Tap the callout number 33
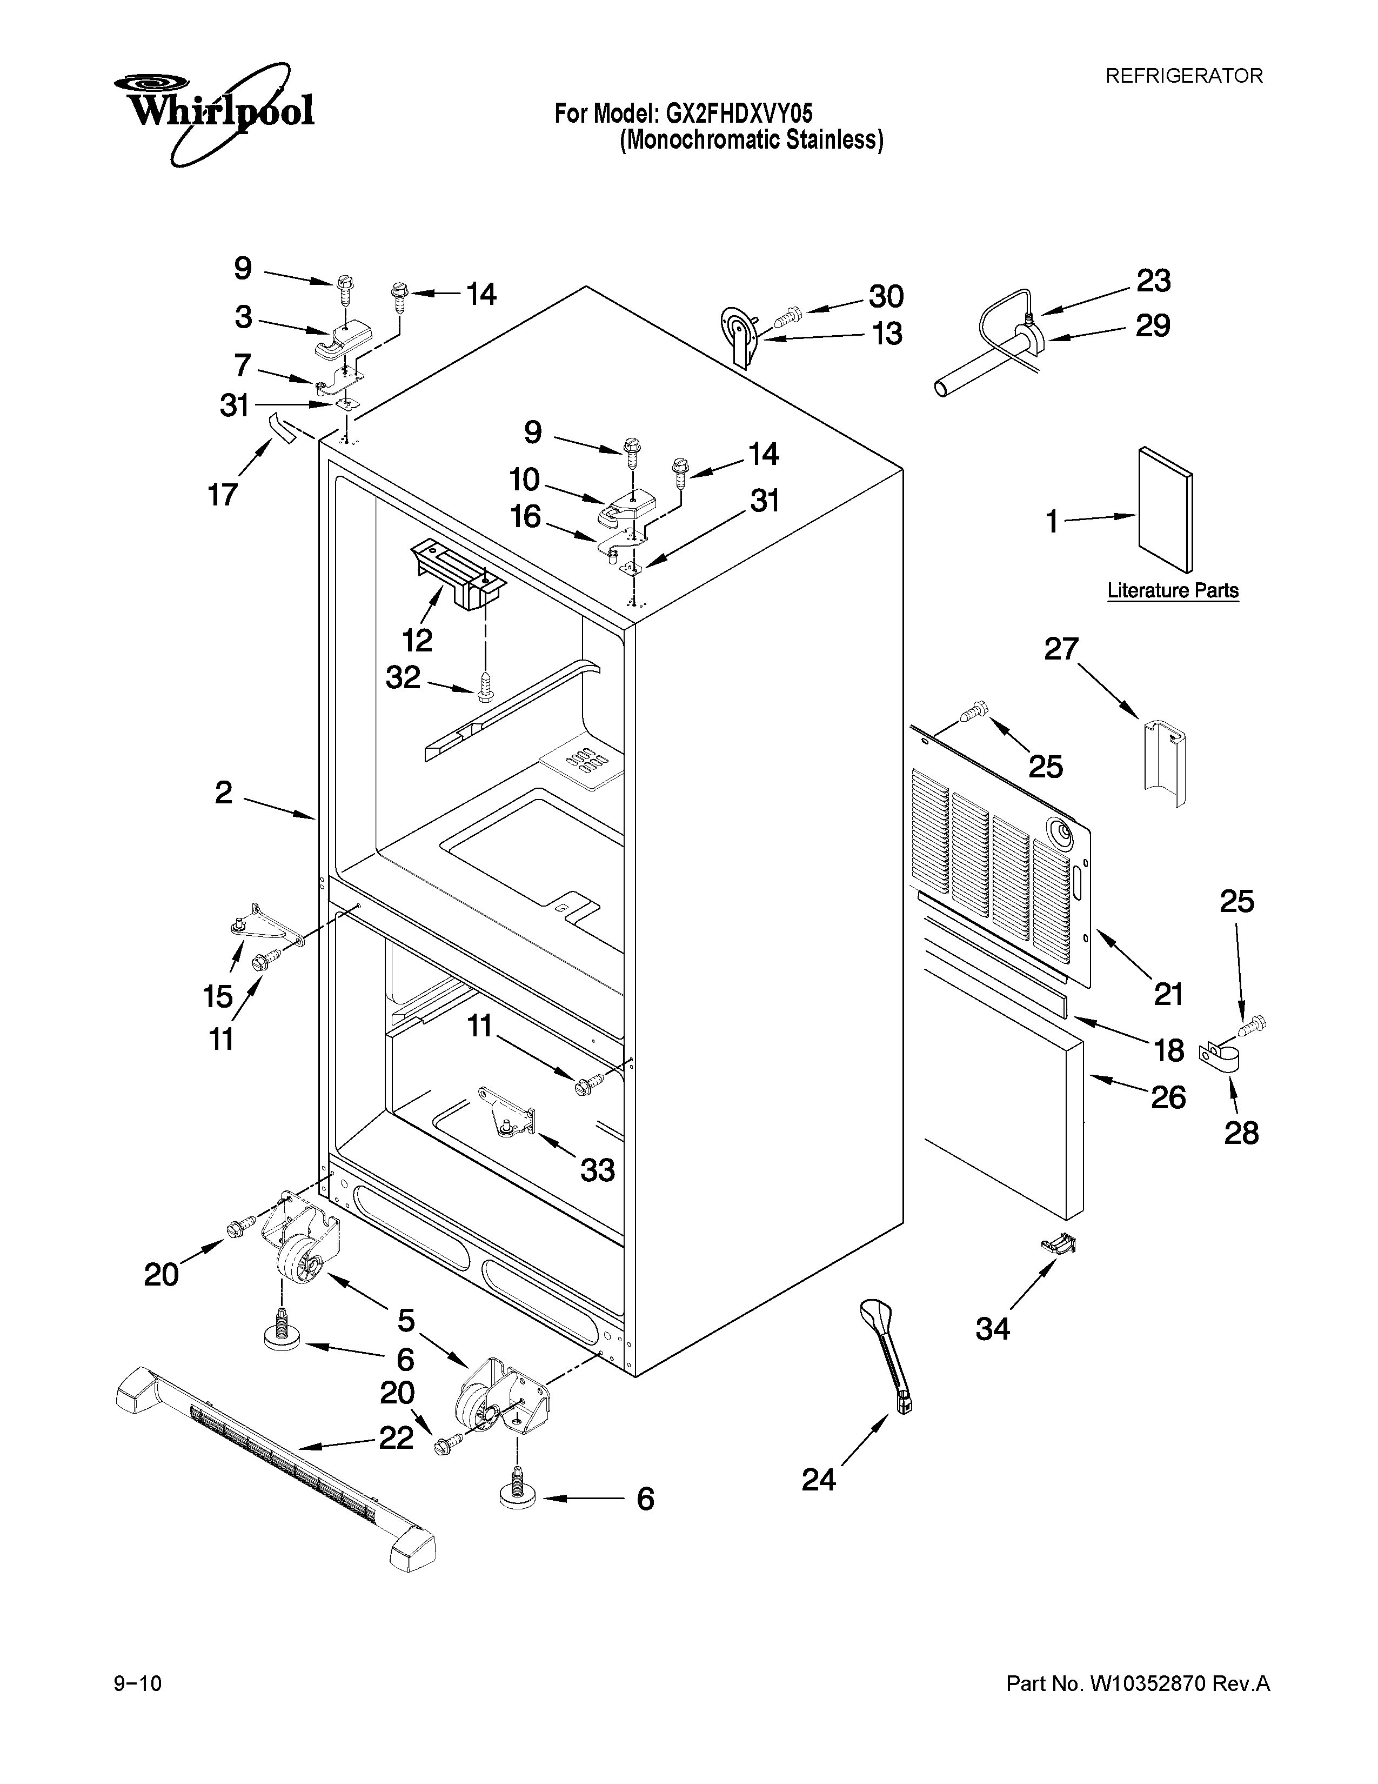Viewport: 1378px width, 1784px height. click(598, 1170)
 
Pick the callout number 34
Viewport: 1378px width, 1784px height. click(993, 1329)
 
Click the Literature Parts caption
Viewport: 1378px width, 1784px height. click(1172, 590)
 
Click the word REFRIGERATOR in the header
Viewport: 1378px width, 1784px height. click(1183, 76)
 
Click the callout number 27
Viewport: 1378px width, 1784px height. click(1061, 649)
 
